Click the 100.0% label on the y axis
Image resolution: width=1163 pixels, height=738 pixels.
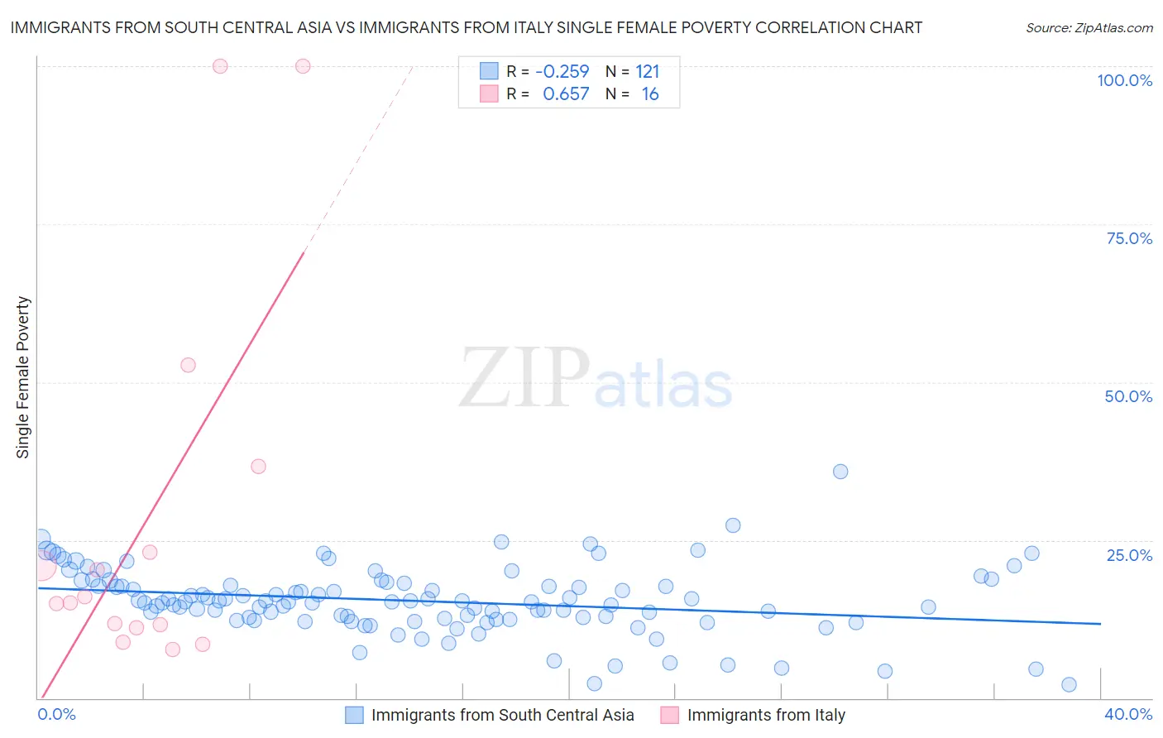[x=1124, y=80]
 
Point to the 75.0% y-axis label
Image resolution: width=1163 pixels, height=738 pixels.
[x=1129, y=238]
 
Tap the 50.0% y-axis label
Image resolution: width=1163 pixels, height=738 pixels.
[x=1128, y=396]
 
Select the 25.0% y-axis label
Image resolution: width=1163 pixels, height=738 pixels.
[x=1129, y=555]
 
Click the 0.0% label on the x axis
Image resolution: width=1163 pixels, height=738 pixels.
[x=57, y=714]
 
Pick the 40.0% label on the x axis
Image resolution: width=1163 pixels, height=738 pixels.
[x=1128, y=714]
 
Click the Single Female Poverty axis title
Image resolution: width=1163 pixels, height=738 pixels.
[x=23, y=377]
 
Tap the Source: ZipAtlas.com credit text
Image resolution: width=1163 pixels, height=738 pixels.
[x=1089, y=28]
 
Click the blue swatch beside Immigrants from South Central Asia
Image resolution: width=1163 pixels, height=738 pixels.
[x=355, y=715]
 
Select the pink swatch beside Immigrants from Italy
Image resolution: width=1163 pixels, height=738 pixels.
[x=670, y=715]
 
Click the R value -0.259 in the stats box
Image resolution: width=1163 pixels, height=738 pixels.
[x=562, y=72]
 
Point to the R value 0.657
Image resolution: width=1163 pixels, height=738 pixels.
[x=566, y=94]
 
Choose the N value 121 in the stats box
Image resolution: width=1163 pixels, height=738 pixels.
[x=648, y=72]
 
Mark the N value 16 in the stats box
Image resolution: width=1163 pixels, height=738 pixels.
[x=650, y=94]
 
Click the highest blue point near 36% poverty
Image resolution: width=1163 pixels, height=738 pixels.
[x=840, y=472]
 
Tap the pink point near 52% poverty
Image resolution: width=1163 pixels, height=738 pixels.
[x=188, y=365]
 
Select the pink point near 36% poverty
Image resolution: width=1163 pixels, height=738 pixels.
[x=258, y=467]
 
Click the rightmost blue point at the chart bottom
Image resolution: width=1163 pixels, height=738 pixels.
[x=1069, y=684]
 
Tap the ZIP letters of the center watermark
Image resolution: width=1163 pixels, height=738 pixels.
[x=524, y=379]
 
